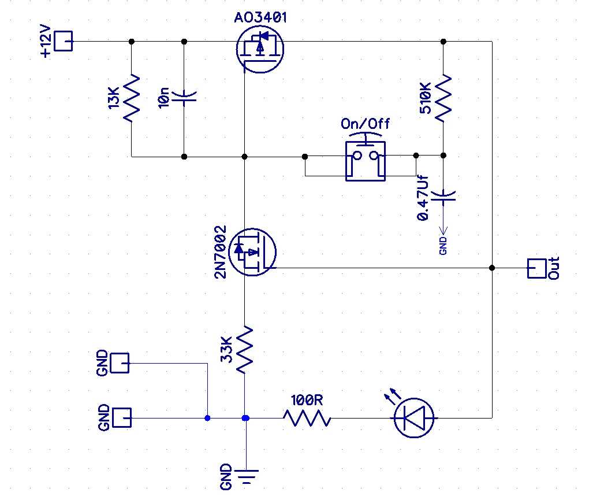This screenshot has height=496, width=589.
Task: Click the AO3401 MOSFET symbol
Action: [260, 49]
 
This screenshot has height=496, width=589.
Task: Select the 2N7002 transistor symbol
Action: [252, 252]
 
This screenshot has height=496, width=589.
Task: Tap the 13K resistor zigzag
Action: [132, 98]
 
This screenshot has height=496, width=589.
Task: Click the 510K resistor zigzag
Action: [443, 98]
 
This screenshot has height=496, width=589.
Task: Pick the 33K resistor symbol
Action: [244, 350]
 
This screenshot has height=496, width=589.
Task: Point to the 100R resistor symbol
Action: [307, 418]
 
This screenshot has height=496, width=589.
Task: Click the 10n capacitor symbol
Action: [184, 98]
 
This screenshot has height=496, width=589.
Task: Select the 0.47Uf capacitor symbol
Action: [443, 197]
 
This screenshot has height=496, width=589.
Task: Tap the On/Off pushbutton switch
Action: [366, 158]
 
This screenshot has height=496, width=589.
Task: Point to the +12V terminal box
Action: [64, 41]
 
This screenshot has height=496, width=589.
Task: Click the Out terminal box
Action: [537, 268]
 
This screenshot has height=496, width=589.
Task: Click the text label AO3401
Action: [260, 17]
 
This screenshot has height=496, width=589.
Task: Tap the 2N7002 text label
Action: [221, 252]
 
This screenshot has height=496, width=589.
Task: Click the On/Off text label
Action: [365, 123]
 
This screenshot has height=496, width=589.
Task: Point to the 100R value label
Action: [307, 400]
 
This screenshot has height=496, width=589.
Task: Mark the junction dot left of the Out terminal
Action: [492, 268]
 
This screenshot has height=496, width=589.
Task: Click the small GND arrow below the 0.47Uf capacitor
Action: [443, 229]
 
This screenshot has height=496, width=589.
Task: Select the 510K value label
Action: [426, 98]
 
